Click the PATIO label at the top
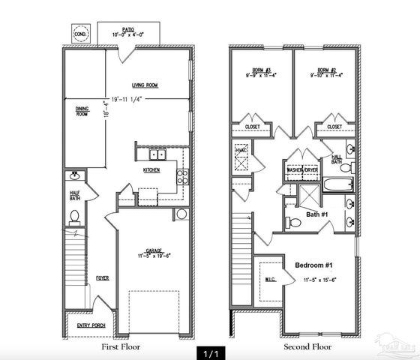coord(125,29)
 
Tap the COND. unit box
coord(80,34)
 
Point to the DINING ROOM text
coord(82,111)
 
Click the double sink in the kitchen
coord(158,155)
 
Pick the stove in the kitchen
coord(181,177)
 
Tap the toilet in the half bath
coord(74,217)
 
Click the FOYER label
coord(102,278)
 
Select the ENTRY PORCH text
coord(91,325)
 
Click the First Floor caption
coord(121,347)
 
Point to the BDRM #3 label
coord(260,72)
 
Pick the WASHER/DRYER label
coord(301,170)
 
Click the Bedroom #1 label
coord(315,266)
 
